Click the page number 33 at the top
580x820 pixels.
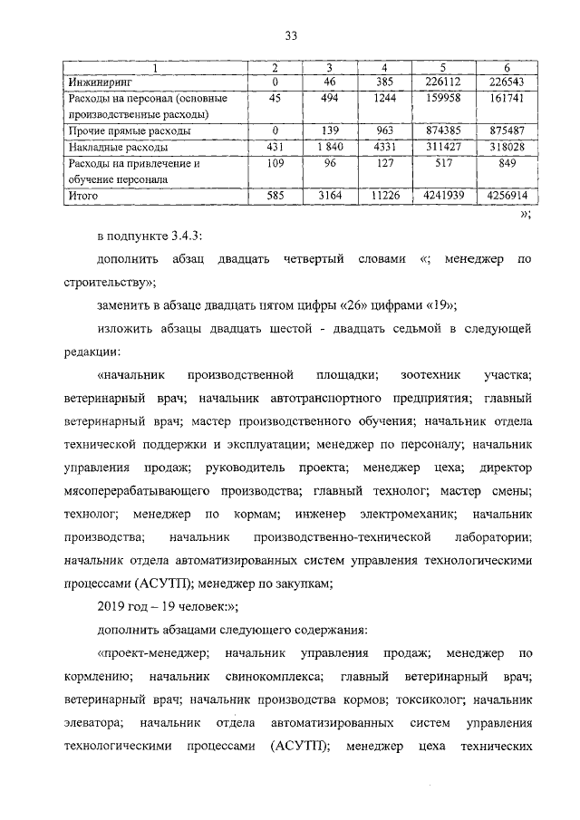pyautogui.click(x=291, y=35)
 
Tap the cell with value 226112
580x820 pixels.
pyautogui.click(x=443, y=82)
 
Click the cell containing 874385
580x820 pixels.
pyautogui.click(x=443, y=130)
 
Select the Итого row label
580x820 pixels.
pyautogui.click(x=83, y=195)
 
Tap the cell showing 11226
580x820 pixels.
pyautogui.click(x=385, y=195)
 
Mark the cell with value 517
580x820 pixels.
pyautogui.click(x=443, y=163)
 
